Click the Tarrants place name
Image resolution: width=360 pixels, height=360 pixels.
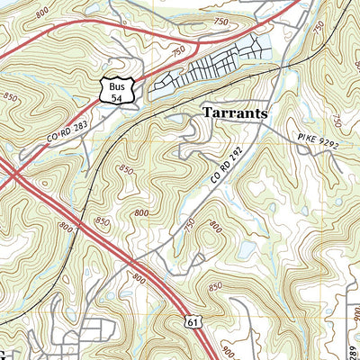[237, 113]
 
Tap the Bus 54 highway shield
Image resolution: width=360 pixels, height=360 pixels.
[120, 88]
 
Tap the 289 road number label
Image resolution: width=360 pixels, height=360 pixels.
[352, 338]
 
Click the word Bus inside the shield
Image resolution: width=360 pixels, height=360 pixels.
[120, 83]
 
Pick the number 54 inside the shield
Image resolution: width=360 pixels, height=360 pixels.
[120, 93]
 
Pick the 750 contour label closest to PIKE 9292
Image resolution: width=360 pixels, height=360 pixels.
[337, 120]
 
